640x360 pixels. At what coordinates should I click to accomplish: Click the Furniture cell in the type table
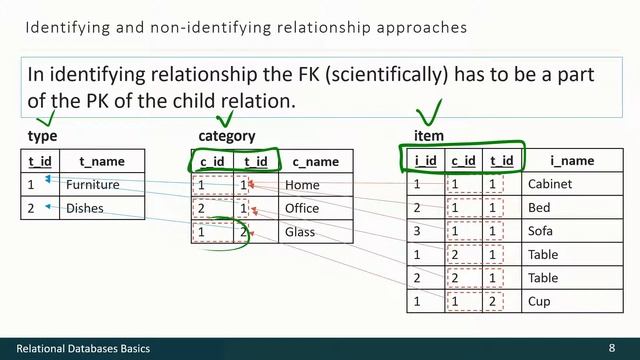[x=92, y=185]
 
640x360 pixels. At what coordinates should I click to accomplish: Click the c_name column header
[x=315, y=161]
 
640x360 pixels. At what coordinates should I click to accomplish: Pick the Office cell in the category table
[x=302, y=208]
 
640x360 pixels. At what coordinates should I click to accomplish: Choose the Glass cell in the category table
[x=300, y=232]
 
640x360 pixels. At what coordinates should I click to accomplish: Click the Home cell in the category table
[x=301, y=185]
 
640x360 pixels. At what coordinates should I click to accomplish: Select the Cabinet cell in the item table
[x=551, y=184]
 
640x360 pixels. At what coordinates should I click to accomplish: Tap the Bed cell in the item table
[x=538, y=208]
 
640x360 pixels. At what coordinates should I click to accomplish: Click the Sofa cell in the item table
[x=540, y=231]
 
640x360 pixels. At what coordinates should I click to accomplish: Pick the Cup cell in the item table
[x=539, y=301]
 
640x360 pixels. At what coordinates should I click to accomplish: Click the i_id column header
[x=425, y=160]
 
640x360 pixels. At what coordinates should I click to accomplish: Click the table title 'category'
[x=227, y=136]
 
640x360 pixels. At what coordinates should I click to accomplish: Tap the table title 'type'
[x=42, y=136]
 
